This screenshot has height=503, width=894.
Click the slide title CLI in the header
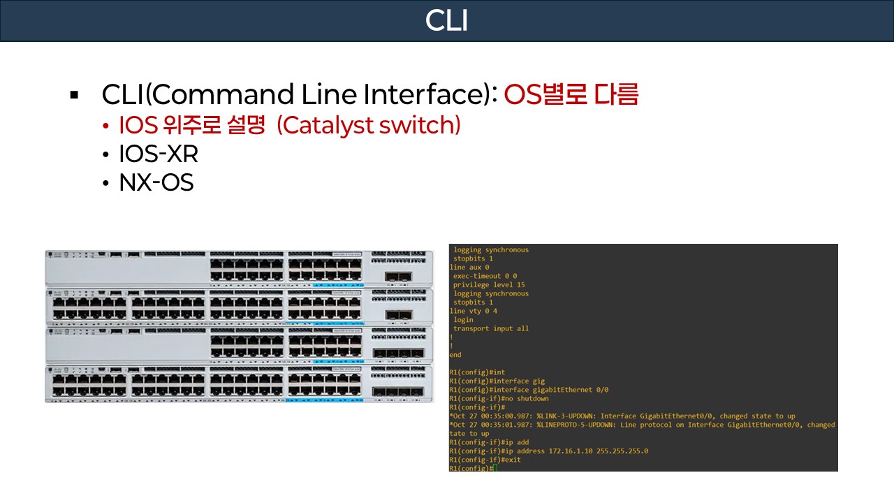pyautogui.click(x=446, y=21)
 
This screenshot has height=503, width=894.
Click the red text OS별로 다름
pyautogui.click(x=571, y=94)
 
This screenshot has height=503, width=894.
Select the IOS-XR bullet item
pyautogui.click(x=159, y=154)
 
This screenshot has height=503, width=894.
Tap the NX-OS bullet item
pyautogui.click(x=156, y=182)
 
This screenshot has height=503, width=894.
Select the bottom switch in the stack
pyautogui.click(x=239, y=384)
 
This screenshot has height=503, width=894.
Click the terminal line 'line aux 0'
pyautogui.click(x=469, y=268)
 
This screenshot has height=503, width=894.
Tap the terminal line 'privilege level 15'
pyautogui.click(x=489, y=285)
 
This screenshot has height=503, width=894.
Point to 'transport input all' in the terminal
pyautogui.click(x=491, y=328)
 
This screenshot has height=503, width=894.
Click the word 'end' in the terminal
pyautogui.click(x=455, y=355)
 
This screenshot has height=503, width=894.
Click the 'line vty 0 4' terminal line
pyautogui.click(x=474, y=311)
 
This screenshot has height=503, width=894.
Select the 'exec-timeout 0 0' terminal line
pyautogui.click(x=485, y=276)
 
